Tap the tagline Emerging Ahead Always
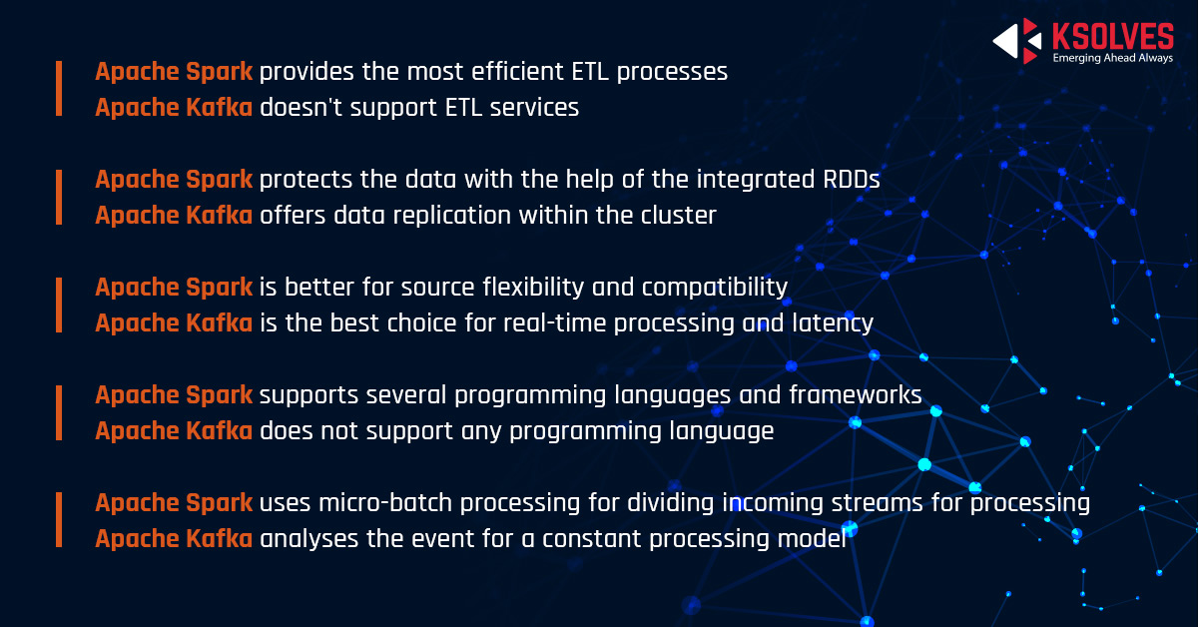click(1113, 58)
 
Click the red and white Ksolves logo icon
click(1017, 41)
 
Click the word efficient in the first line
click(517, 71)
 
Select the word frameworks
click(856, 394)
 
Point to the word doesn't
click(301, 107)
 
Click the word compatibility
click(715, 288)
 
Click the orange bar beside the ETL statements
click(59, 89)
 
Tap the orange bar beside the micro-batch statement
click(59, 520)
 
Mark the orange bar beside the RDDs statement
click(59, 197)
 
